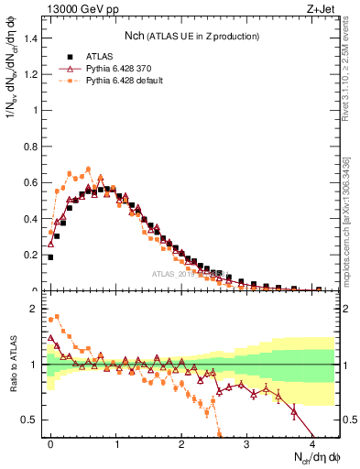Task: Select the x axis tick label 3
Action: (246, 443)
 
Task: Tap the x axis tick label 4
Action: (311, 443)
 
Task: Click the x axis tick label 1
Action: (116, 443)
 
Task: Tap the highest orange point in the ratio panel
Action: (58, 317)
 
